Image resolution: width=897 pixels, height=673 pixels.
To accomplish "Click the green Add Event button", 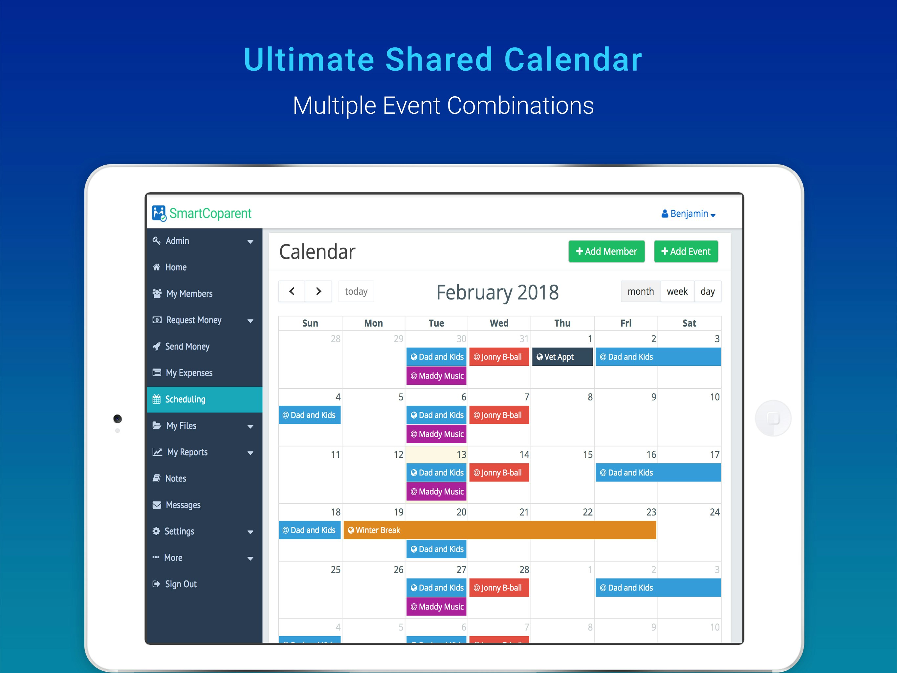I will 686,251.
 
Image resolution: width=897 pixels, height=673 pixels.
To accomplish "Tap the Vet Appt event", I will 562,357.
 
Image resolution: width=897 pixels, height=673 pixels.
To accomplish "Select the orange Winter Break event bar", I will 500,530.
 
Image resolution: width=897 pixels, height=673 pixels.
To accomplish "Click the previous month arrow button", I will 292,291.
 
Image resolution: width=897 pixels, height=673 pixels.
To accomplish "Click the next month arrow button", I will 318,291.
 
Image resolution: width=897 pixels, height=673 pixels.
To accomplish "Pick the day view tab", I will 707,291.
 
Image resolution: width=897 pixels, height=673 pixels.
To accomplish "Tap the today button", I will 356,291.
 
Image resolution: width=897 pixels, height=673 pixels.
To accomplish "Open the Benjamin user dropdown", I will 688,214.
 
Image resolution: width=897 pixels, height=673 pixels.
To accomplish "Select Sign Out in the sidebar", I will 181,584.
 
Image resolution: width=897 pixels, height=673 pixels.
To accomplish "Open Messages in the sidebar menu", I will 183,505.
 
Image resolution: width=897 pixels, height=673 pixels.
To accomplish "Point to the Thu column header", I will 562,323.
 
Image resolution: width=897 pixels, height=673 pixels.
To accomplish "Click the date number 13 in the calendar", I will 461,454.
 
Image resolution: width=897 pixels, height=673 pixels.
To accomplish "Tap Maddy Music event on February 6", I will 436,434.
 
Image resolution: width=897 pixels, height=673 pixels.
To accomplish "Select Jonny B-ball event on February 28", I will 499,588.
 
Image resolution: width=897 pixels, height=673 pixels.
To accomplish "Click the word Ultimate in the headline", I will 309,60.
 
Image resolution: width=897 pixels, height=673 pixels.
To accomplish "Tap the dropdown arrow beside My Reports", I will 250,453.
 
